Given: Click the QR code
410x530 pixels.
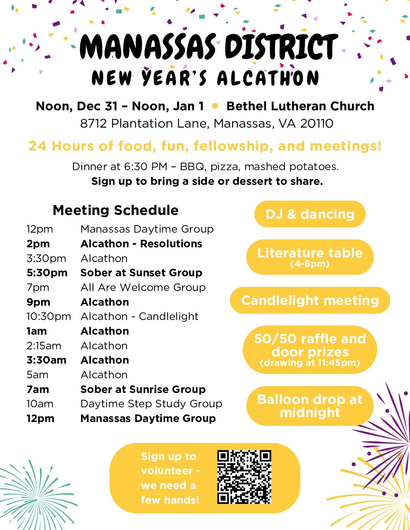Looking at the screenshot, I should coord(244,477).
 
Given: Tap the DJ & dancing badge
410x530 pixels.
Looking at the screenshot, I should coord(310,214).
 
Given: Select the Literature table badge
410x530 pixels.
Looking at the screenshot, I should coord(310,257).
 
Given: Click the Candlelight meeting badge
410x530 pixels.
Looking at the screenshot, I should coord(310,300).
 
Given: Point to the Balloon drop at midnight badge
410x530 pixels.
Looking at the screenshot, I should coord(310,406).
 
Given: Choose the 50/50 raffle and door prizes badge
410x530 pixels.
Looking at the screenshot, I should coord(310,349).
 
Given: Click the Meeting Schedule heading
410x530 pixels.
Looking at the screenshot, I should coord(116,210).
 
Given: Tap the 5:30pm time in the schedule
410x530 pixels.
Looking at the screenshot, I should coord(47,273).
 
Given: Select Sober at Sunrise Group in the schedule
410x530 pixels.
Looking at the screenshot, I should coord(143,389).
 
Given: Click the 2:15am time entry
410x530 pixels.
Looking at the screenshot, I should coord(44,346).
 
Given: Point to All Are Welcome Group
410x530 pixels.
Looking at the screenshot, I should coord(143,288).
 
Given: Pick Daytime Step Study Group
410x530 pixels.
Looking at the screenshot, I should coord(151,404).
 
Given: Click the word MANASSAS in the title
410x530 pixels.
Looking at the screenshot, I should coord(148,47).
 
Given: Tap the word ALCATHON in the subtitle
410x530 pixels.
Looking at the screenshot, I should coord(268,78).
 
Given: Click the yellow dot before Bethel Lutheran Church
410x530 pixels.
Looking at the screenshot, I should coord(215,106).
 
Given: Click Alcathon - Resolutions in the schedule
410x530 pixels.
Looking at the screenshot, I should coord(141,244).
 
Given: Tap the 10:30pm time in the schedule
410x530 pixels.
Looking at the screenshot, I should coord(49,317).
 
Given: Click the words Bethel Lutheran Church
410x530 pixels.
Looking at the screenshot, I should coord(300,106).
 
